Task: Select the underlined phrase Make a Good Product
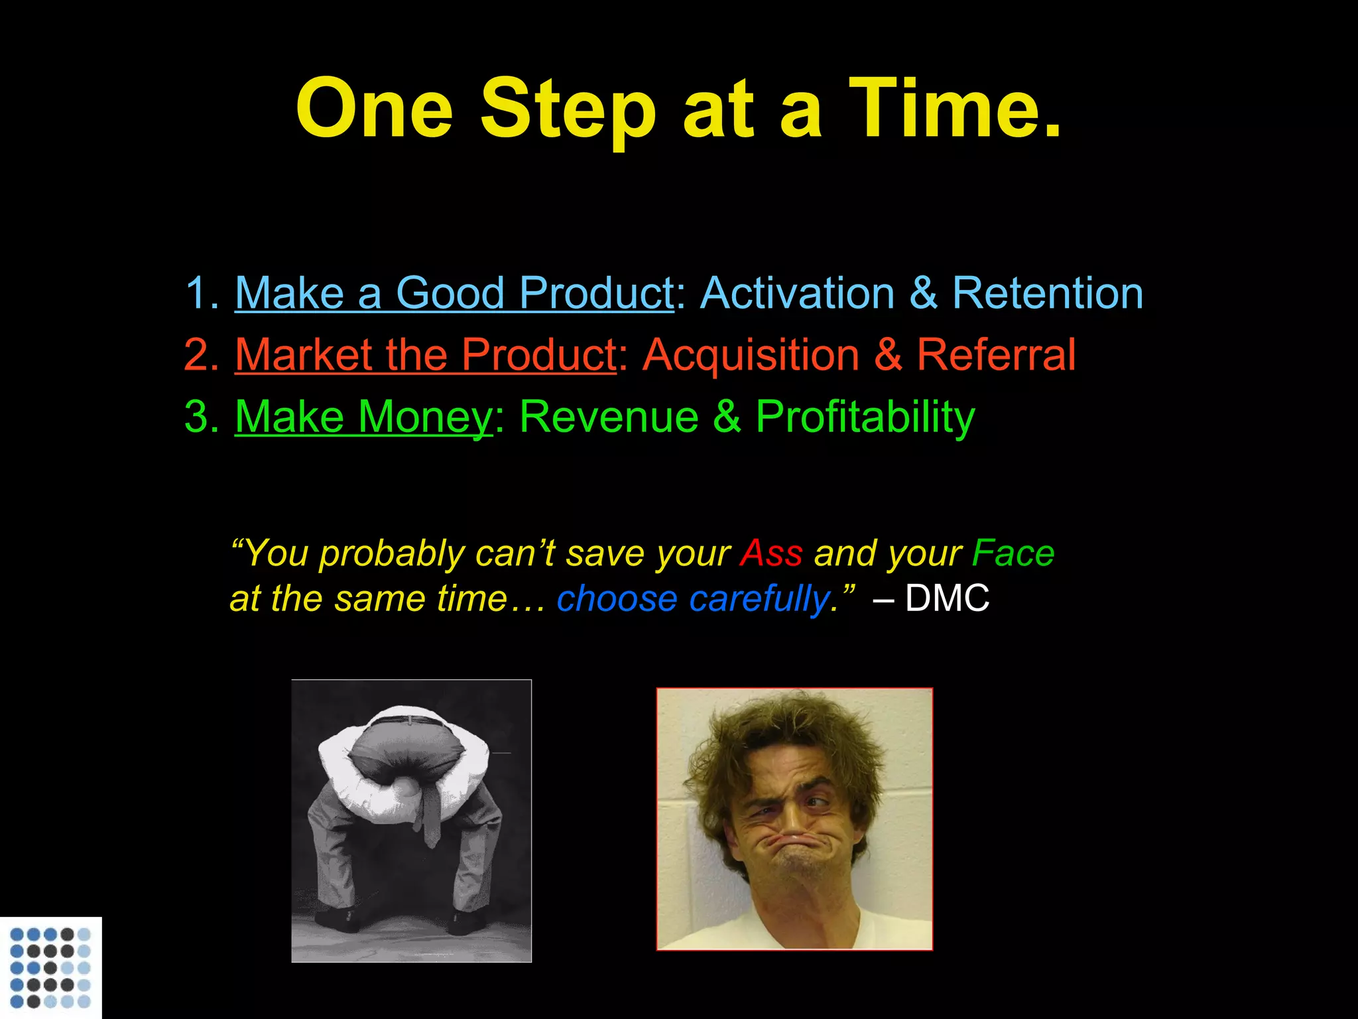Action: (x=454, y=293)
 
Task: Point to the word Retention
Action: (x=1048, y=293)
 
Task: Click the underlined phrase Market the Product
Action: (x=426, y=354)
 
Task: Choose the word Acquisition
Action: (x=751, y=354)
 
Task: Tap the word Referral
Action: (x=996, y=354)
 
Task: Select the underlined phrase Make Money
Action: (x=364, y=417)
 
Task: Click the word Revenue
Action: (x=609, y=417)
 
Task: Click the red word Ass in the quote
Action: (x=771, y=553)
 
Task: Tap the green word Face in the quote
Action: (x=1013, y=553)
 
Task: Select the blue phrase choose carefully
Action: (x=692, y=598)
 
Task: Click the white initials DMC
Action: (x=947, y=598)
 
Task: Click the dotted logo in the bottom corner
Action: (x=50, y=967)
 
